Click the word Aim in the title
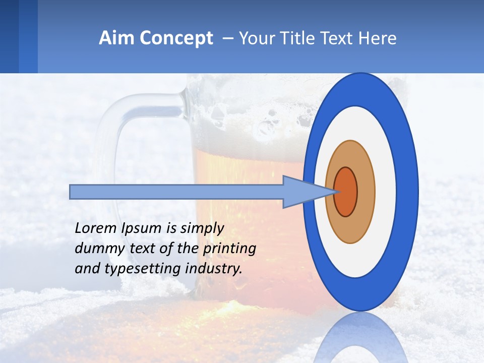(116, 38)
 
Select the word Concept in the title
(176, 38)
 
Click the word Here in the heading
(378, 38)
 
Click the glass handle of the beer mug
(108, 151)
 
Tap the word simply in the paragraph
(202, 228)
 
